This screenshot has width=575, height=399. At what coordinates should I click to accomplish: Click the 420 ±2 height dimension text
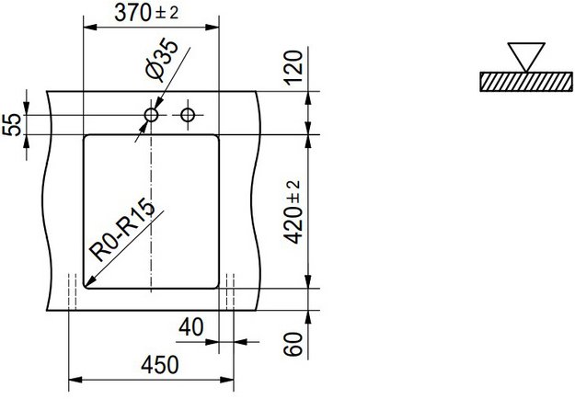pos(294,211)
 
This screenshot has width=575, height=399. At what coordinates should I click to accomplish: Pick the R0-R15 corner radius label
pos(121,227)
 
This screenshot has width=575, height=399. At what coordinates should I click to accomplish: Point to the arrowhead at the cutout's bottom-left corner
pos(89,280)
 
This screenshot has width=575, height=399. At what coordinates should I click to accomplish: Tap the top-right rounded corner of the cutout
pos(217,139)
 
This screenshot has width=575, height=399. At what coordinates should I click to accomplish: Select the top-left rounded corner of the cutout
pos(86,139)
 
